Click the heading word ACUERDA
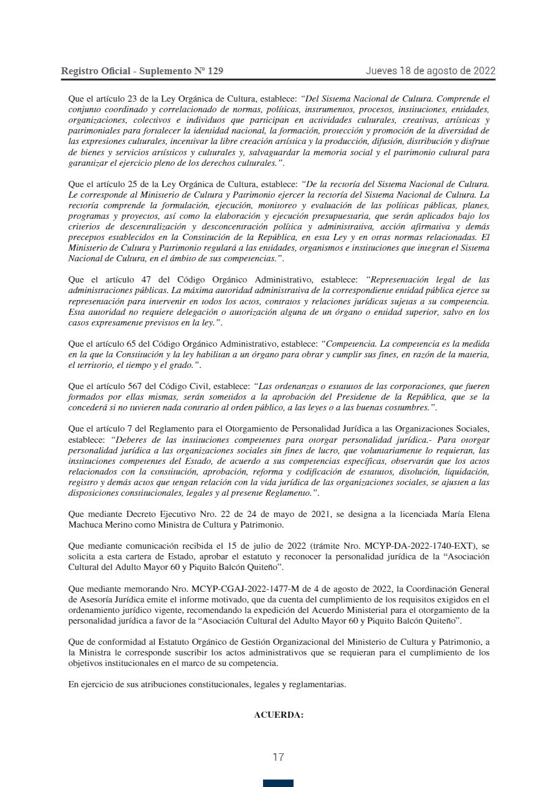coord(278,715)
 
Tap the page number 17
coord(278,758)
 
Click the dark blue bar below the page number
coord(278,783)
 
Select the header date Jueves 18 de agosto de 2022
coord(430,70)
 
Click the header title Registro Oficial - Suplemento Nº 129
coord(142,71)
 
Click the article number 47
coord(131,279)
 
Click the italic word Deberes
coord(131,438)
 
